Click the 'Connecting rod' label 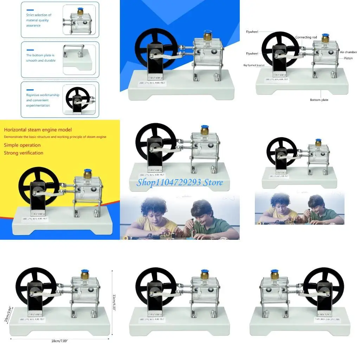pyautogui.click(x=306, y=37)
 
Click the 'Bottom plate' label pyautogui.click(x=319, y=100)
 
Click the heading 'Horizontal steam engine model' pyautogui.click(x=38, y=130)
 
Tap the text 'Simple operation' pyautogui.click(x=22, y=145)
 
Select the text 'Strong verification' pyautogui.click(x=24, y=153)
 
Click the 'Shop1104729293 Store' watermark pyautogui.click(x=180, y=182)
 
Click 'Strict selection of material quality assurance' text pyautogui.click(x=38, y=20)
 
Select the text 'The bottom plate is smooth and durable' pyautogui.click(x=40, y=58)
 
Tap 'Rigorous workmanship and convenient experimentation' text pyautogui.click(x=43, y=100)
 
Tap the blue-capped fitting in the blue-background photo pyautogui.click(x=207, y=36)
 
